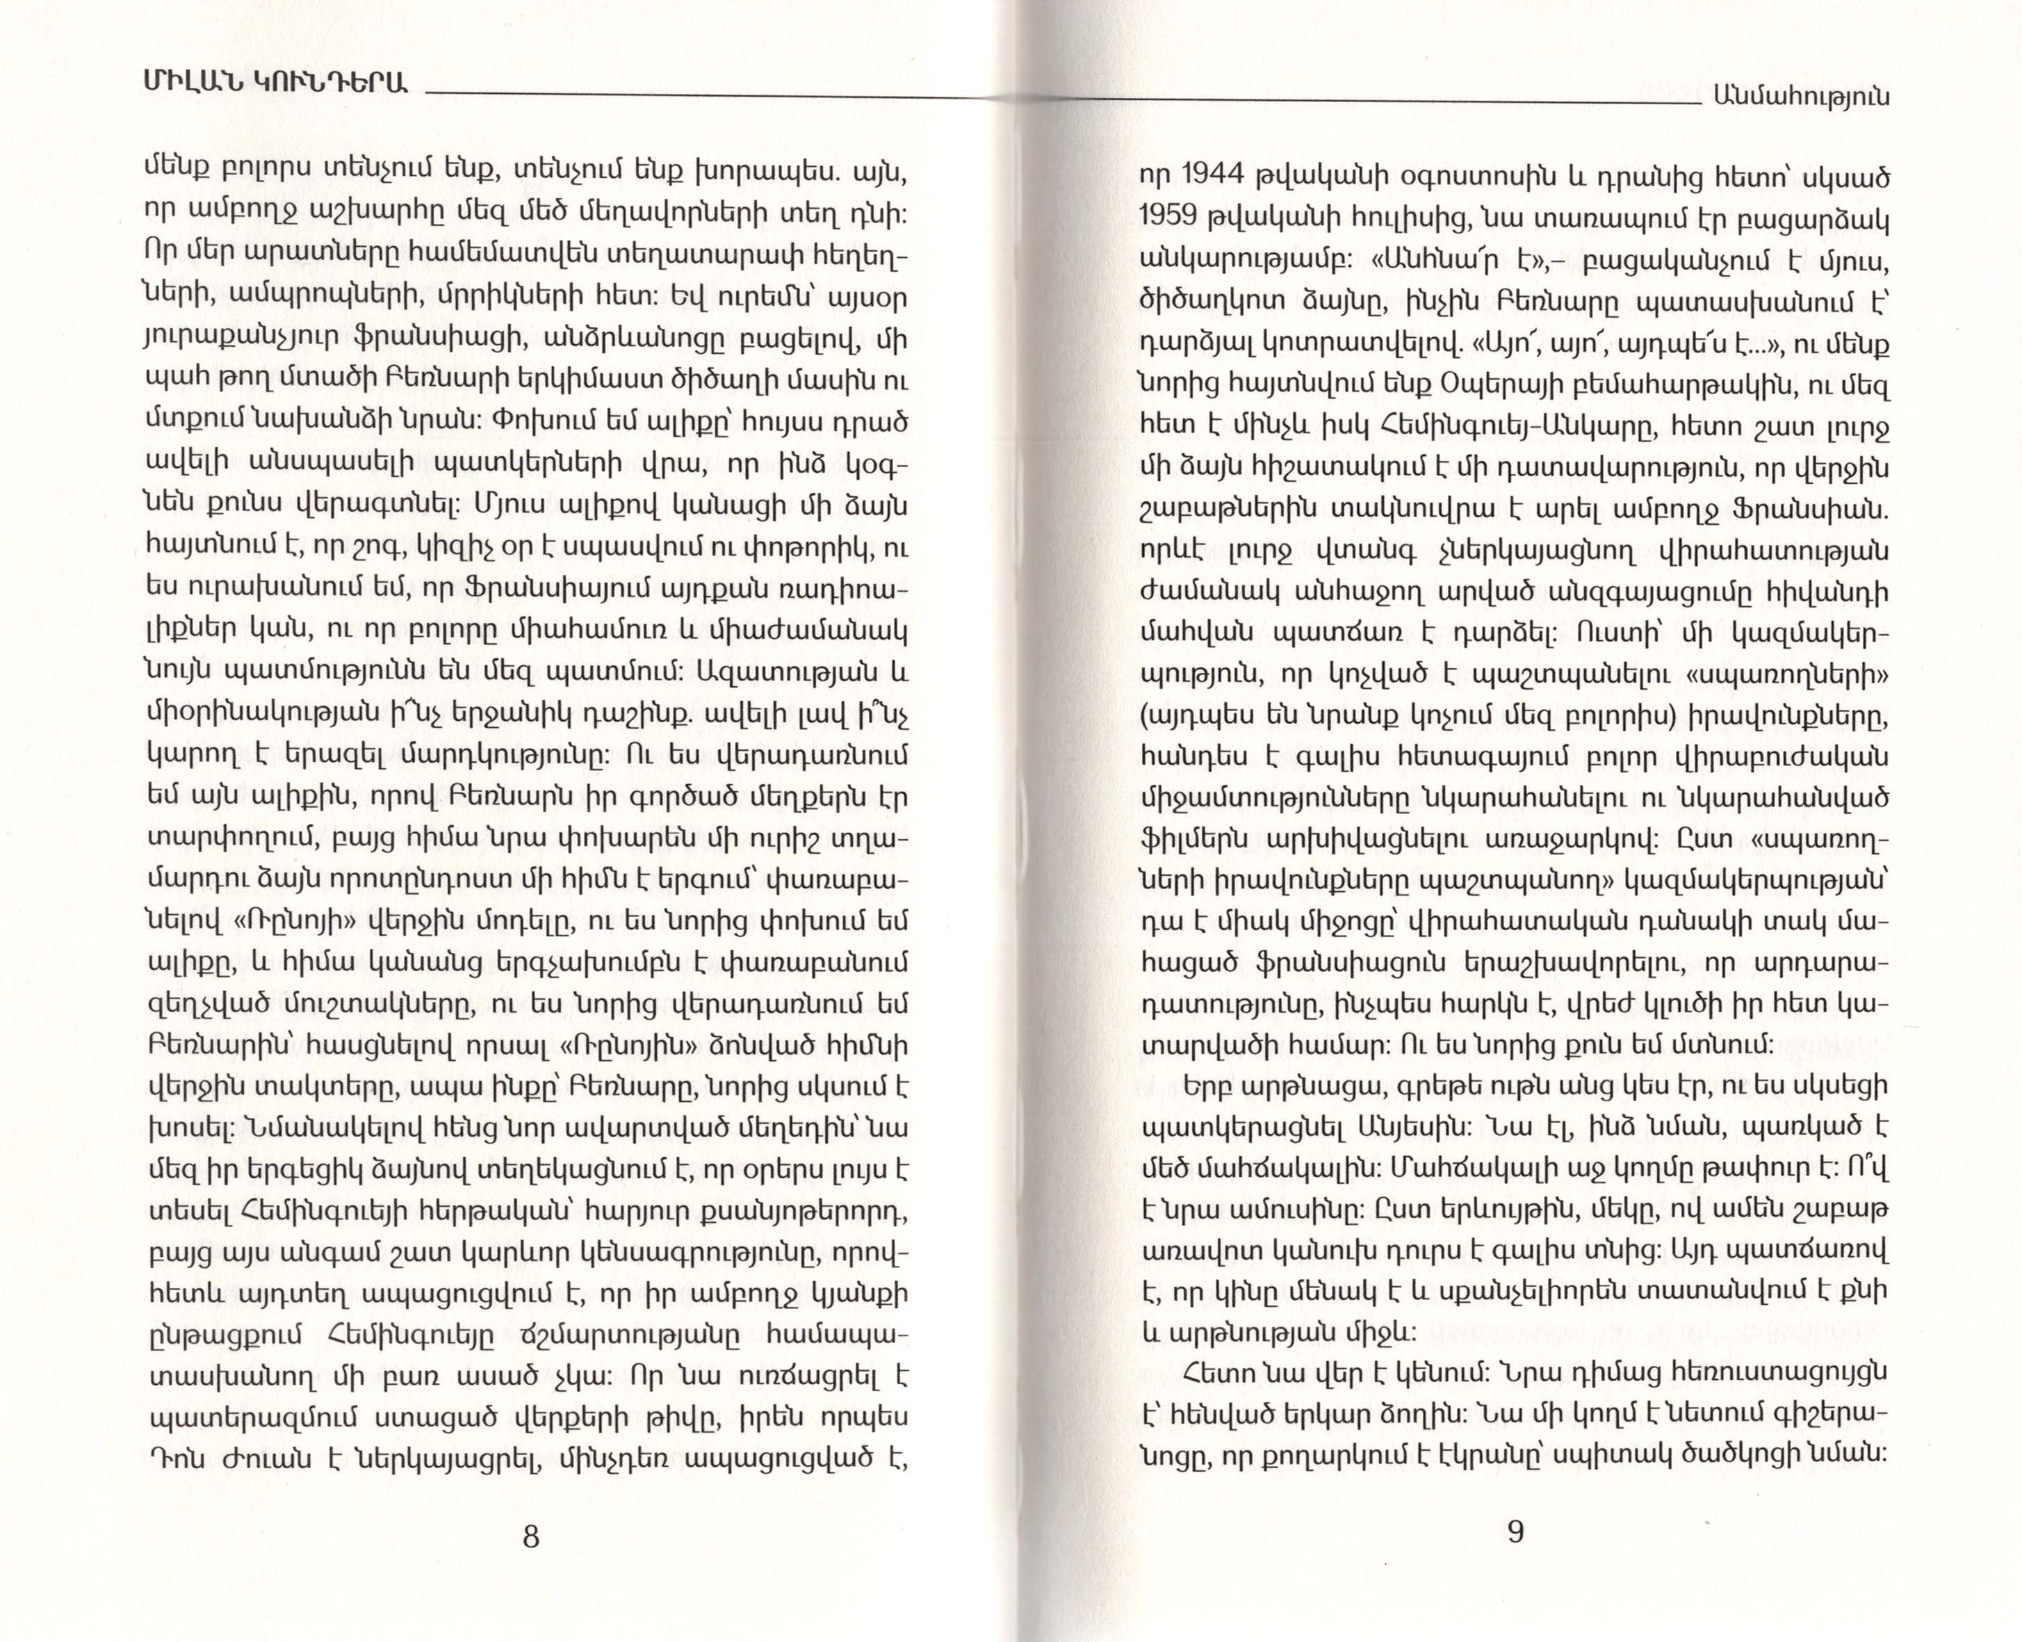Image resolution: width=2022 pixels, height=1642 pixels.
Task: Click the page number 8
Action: [530, 1536]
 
